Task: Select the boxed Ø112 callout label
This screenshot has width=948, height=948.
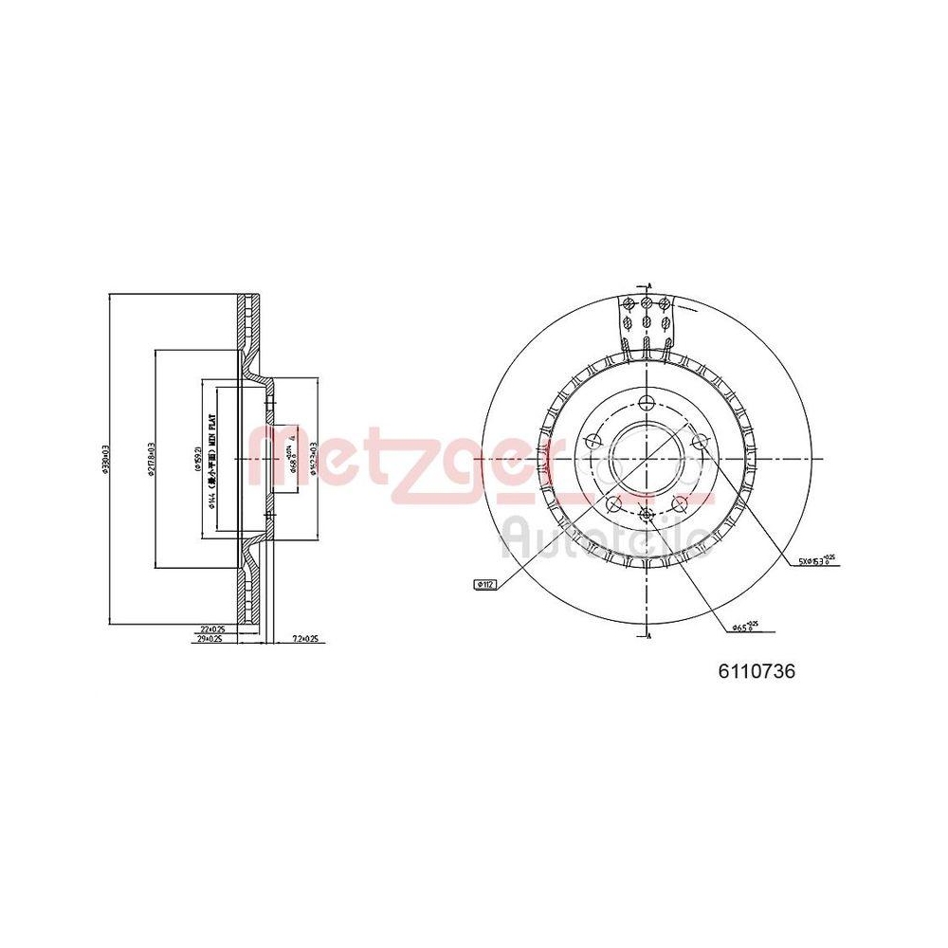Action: [484, 585]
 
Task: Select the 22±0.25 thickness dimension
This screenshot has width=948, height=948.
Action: [212, 629]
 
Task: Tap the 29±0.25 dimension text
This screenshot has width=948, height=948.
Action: [210, 640]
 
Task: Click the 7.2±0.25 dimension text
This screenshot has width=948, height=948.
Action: [305, 640]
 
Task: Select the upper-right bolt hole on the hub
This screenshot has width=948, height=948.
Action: [700, 441]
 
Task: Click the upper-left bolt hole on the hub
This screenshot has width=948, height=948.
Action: [592, 441]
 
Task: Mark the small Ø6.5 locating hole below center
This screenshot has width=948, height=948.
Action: [646, 515]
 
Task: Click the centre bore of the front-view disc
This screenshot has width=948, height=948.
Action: [646, 456]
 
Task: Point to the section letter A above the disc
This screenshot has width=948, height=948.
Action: [649, 283]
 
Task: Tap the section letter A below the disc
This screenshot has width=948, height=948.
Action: [649, 632]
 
